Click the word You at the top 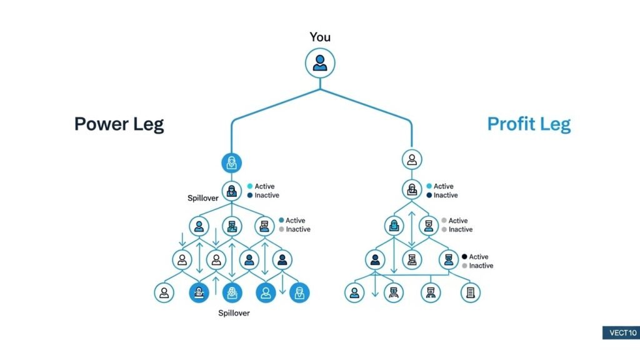coord(319,37)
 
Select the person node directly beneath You coord(320,64)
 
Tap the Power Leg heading coord(119,124)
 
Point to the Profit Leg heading coord(529,124)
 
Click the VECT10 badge coord(619,332)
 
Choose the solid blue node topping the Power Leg coord(232,164)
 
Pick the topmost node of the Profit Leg coord(411,159)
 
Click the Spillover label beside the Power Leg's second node coord(202,198)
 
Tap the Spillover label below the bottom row coord(233,312)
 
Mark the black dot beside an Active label coord(464,257)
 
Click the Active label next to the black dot coord(479,257)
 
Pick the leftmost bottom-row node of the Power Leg coord(164,292)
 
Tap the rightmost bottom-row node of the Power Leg coord(299,292)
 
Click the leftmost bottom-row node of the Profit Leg coord(354,292)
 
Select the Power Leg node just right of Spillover coord(232,191)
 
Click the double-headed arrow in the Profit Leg coord(411,229)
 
